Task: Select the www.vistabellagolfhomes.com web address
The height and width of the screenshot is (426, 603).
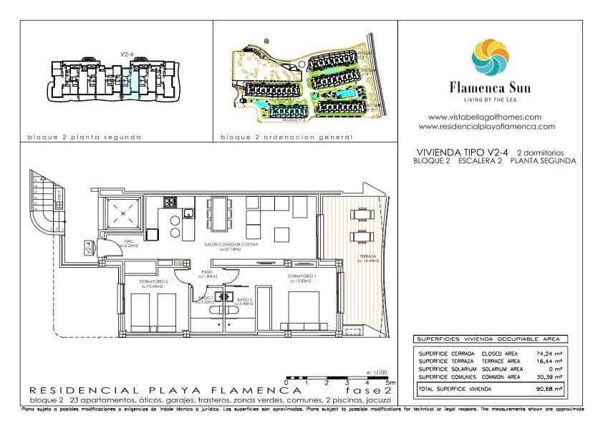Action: [x=484, y=117]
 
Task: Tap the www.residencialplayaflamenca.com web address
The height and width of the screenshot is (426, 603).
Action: [x=486, y=126]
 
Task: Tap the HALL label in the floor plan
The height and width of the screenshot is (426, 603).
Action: [x=130, y=241]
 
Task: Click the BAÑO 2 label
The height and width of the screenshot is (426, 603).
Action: [x=244, y=299]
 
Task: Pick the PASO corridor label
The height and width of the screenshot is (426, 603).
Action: [x=206, y=272]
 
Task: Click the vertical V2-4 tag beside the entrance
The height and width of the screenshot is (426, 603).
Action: [x=88, y=248]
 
